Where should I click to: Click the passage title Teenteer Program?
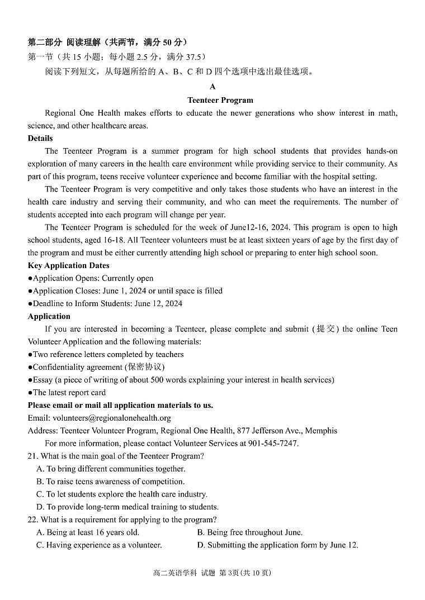220,101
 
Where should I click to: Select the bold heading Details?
40,138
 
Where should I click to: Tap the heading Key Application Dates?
68,265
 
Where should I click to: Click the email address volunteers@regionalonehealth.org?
112,418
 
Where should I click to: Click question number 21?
32,456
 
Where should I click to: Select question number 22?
32,520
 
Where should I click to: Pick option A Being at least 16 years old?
88,532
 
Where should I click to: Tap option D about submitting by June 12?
278,545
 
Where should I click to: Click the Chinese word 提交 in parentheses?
326,329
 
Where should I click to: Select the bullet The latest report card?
67,393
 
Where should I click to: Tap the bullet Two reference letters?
106,354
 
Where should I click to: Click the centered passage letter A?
212,87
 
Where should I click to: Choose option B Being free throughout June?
250,532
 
